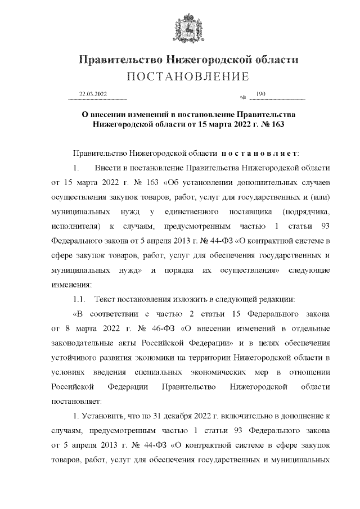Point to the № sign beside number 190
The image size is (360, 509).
coord(244,98)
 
